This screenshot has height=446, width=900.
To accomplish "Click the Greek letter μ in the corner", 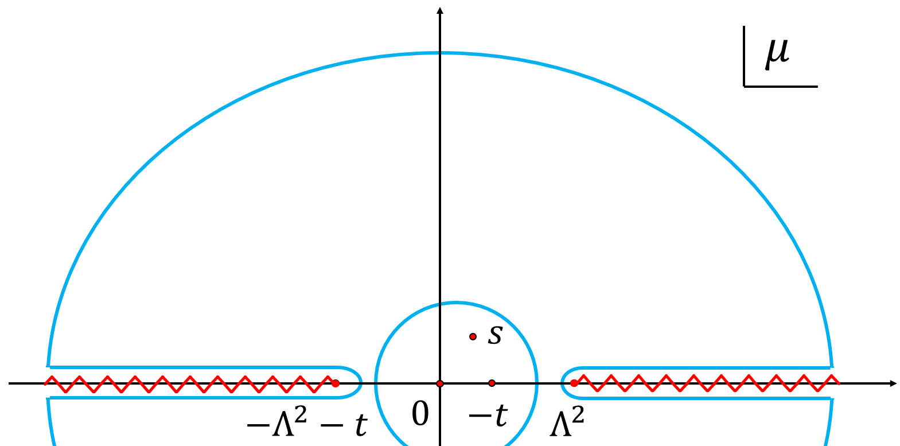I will click(x=777, y=53).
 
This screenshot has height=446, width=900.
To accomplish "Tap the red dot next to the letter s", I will click(x=473, y=336).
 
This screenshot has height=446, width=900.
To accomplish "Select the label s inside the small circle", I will click(x=495, y=335).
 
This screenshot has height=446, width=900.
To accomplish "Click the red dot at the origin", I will click(x=440, y=383).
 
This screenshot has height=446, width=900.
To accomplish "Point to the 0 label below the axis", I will click(x=420, y=413).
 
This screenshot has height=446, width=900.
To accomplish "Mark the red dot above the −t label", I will click(x=492, y=383).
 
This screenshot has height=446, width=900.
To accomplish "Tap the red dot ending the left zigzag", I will click(x=336, y=383).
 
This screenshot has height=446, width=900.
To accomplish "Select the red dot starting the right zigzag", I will click(x=574, y=383).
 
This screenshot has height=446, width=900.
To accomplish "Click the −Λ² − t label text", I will click(x=307, y=424).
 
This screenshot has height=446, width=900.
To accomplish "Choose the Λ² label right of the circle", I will click(x=567, y=422).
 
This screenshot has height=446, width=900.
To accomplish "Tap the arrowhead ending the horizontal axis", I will click(x=893, y=383).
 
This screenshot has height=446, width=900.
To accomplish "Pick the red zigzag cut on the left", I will click(x=189, y=383).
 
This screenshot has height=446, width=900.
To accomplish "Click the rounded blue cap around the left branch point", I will click(x=360, y=382).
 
